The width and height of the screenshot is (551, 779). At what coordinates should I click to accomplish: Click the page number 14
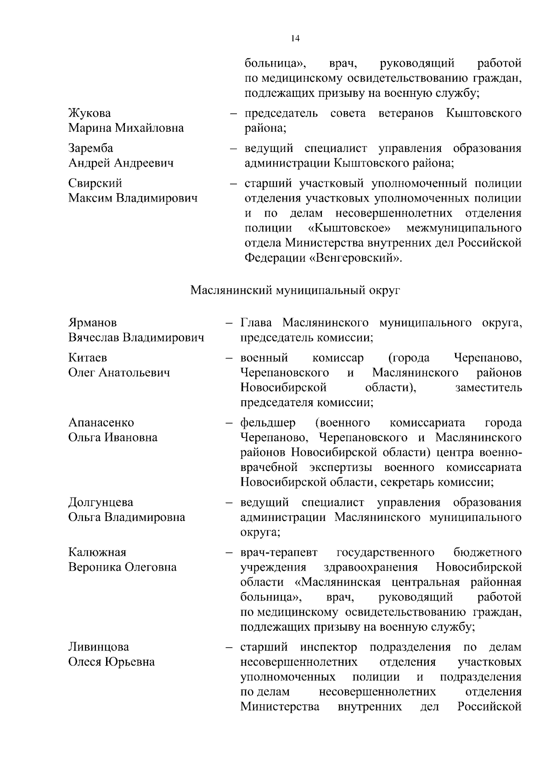[x=295, y=39]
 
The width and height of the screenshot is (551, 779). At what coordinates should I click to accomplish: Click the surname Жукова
[x=90, y=113]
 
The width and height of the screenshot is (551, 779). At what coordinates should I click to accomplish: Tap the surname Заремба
[x=90, y=148]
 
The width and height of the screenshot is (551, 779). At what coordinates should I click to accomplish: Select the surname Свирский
[x=95, y=183]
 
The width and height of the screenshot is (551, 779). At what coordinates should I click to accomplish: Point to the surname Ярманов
[x=92, y=323]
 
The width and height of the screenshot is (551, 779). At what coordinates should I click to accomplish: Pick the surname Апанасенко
[x=101, y=422]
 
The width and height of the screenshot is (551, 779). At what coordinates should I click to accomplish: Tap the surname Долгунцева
[x=101, y=502]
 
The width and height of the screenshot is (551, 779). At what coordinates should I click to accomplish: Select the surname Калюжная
[x=97, y=552]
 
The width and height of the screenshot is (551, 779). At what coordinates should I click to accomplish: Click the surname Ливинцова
[x=98, y=647]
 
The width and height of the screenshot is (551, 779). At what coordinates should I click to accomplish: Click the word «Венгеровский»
[x=355, y=258]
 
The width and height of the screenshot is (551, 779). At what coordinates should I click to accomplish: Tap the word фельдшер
[x=268, y=422]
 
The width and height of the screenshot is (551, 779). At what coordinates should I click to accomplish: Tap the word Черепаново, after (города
[x=487, y=358]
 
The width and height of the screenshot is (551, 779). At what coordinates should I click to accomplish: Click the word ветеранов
[x=406, y=113]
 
